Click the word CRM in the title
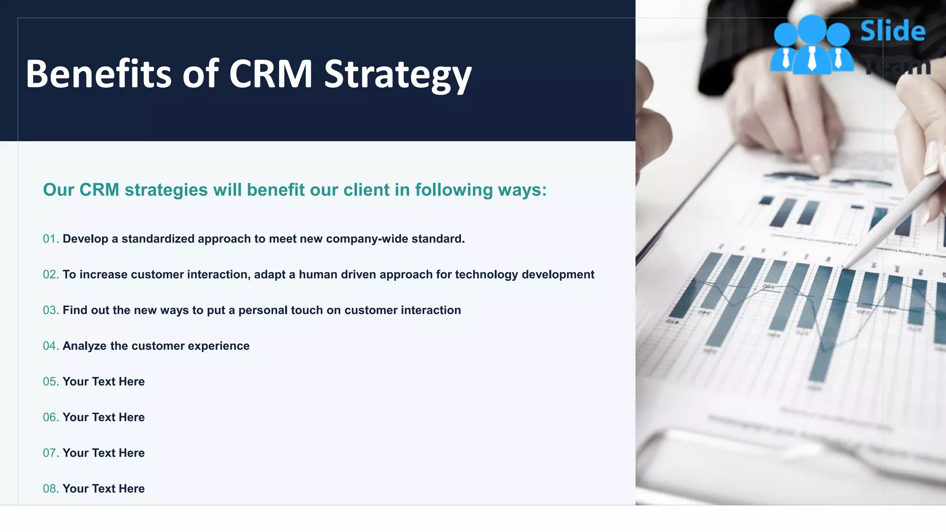tap(271, 74)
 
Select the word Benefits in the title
tap(98, 74)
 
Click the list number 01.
tap(50, 239)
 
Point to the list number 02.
tap(50, 275)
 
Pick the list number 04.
tap(50, 346)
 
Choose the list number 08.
tap(50, 489)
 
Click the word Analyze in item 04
tap(85, 346)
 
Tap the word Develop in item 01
tap(85, 239)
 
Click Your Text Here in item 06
tap(103, 417)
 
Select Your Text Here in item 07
tap(103, 453)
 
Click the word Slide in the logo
tap(892, 31)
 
